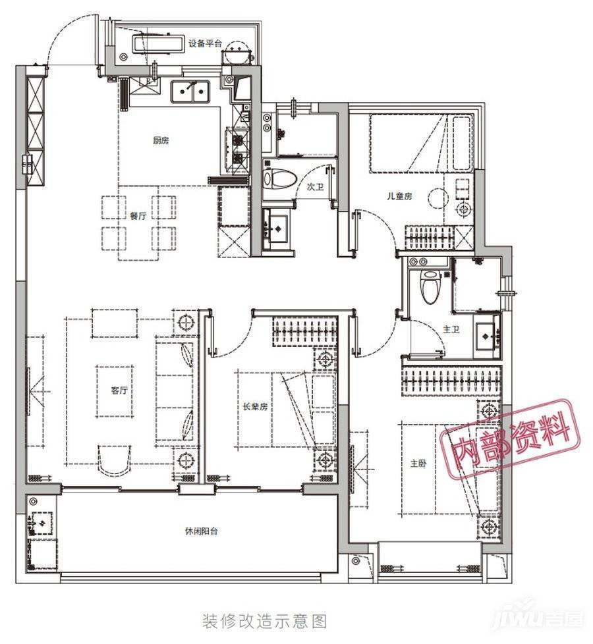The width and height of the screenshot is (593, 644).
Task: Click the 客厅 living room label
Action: (x=119, y=390)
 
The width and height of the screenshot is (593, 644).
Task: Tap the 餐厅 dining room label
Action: (x=138, y=216)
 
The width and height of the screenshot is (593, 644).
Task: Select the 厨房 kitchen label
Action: (x=161, y=141)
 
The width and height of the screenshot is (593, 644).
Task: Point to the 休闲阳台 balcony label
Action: (x=202, y=531)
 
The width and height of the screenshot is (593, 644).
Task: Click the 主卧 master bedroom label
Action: (x=418, y=464)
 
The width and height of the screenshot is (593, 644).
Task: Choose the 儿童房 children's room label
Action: (x=399, y=196)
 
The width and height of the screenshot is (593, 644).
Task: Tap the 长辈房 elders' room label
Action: (x=255, y=406)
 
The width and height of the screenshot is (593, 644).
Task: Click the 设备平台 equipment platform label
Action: (x=205, y=43)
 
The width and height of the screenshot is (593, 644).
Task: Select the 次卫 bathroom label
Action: (x=315, y=187)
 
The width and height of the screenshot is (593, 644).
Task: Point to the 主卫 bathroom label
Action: (x=451, y=329)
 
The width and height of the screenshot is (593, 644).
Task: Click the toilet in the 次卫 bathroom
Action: (x=279, y=179)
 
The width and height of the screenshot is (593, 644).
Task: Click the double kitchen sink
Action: (x=190, y=92)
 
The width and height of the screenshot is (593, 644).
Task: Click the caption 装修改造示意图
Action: (x=264, y=622)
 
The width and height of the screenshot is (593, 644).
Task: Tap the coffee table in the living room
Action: (x=115, y=391)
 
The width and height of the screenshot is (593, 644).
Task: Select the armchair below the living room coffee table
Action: (x=114, y=460)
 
